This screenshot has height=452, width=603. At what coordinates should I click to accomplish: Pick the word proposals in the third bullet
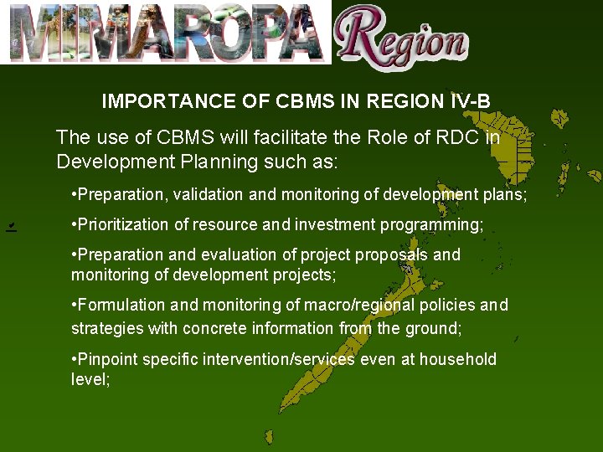click(x=392, y=254)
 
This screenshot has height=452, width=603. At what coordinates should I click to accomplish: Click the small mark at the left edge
click(x=10, y=227)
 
